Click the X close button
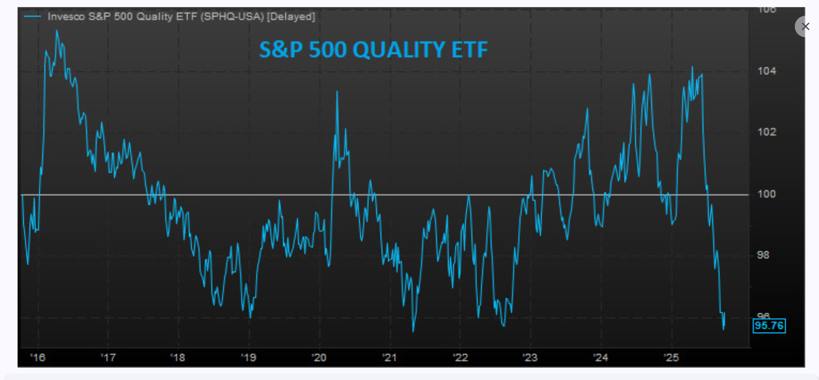tap(805, 26)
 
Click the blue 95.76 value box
tap(769, 326)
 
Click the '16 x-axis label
tap(38, 357)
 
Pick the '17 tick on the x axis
tap(108, 357)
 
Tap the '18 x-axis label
tap(178, 357)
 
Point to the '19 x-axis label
tap(249, 357)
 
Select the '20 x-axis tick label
tap(319, 357)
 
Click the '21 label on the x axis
tap(390, 357)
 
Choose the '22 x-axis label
tap(460, 357)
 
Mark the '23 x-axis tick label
tap(530, 357)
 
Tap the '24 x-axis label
tap(601, 357)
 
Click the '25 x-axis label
tap(671, 357)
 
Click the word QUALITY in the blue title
tap(403, 50)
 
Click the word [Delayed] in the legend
tap(291, 17)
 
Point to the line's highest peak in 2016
tap(57, 31)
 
